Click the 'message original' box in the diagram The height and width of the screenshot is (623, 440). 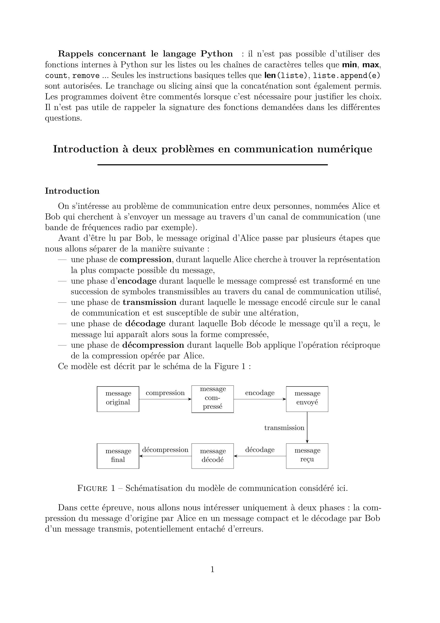(118, 399)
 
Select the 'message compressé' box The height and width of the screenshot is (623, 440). (212, 399)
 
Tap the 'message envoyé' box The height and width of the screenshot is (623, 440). (307, 399)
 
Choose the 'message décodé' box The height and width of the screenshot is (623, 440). (212, 456)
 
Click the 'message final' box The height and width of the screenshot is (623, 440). (118, 456)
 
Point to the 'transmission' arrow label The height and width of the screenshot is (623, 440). (284, 428)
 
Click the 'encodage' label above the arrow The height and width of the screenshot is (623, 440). (260, 393)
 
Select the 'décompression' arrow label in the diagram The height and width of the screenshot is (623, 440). (165, 450)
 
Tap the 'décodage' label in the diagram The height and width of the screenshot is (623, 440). (260, 450)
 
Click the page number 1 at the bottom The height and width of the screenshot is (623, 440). (212, 569)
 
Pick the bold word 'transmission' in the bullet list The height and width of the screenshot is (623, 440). (149, 302)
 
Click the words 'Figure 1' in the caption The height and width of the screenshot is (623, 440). (96, 488)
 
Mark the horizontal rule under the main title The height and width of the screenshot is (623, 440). (212, 165)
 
